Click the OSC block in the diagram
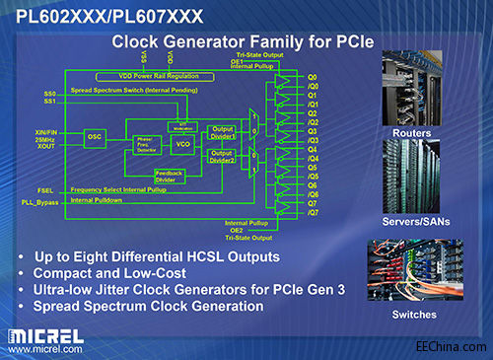coord(95,139)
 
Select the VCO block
coord(182,144)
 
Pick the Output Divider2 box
coord(222,155)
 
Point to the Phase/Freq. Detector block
coord(147,144)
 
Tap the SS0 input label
coord(50,94)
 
